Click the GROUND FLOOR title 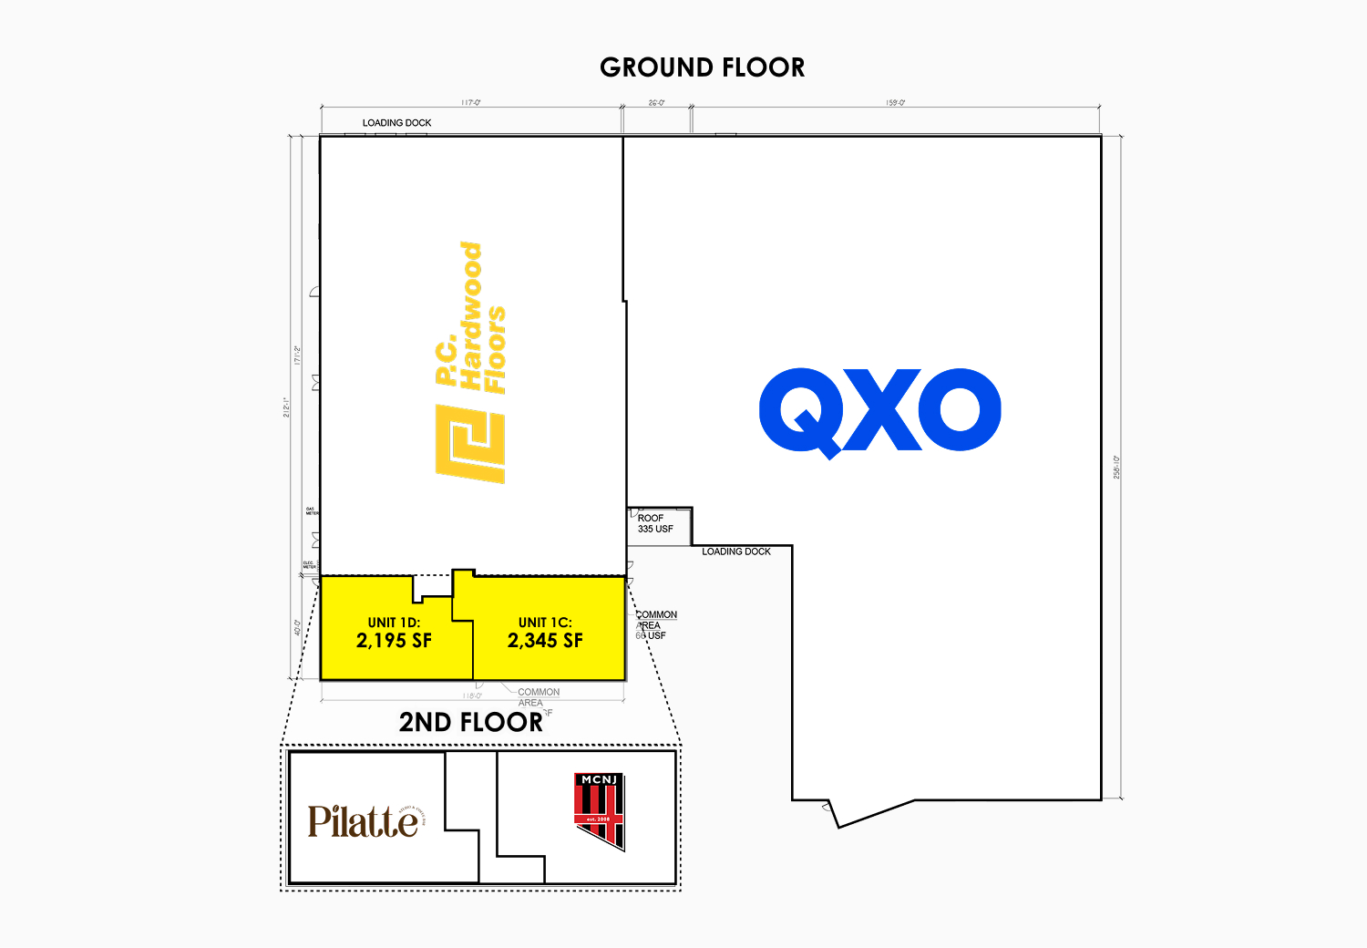tap(702, 67)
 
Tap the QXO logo tap(879, 412)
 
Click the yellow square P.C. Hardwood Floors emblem tap(470, 444)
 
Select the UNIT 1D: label tap(394, 623)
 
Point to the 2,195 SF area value tap(394, 641)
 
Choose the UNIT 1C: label tap(545, 623)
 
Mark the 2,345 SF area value tap(545, 641)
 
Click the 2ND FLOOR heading tap(470, 723)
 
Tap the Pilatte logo tap(365, 821)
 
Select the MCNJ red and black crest tap(600, 809)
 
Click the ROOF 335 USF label tap(655, 523)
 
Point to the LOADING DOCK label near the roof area tap(736, 551)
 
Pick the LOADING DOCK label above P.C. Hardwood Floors tap(396, 123)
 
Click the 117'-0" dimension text tap(470, 103)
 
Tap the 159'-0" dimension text tap(895, 103)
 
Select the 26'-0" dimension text tap(656, 103)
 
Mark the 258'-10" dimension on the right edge tap(1116, 467)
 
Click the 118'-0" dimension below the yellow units tap(472, 696)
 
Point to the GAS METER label tap(312, 511)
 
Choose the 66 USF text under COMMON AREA tap(652, 635)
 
